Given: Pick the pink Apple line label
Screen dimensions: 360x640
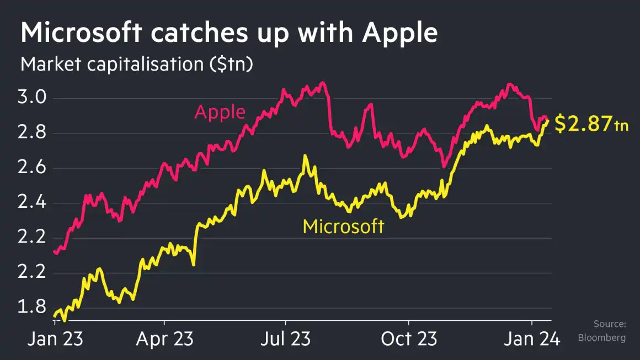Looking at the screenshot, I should (x=220, y=112).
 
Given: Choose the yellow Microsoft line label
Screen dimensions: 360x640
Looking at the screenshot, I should (x=343, y=227).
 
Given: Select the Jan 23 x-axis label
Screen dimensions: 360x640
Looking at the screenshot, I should (x=55, y=338).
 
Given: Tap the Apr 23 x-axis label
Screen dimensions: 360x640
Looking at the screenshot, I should (x=165, y=338).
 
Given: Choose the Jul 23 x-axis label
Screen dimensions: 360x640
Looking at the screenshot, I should (x=286, y=338).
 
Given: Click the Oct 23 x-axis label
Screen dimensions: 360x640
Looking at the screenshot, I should (x=408, y=338).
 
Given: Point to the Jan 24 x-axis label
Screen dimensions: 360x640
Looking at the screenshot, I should (x=531, y=338).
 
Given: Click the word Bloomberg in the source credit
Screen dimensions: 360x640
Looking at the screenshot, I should (x=601, y=337).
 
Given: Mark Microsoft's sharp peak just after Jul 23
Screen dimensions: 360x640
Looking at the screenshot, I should (x=305, y=157).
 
